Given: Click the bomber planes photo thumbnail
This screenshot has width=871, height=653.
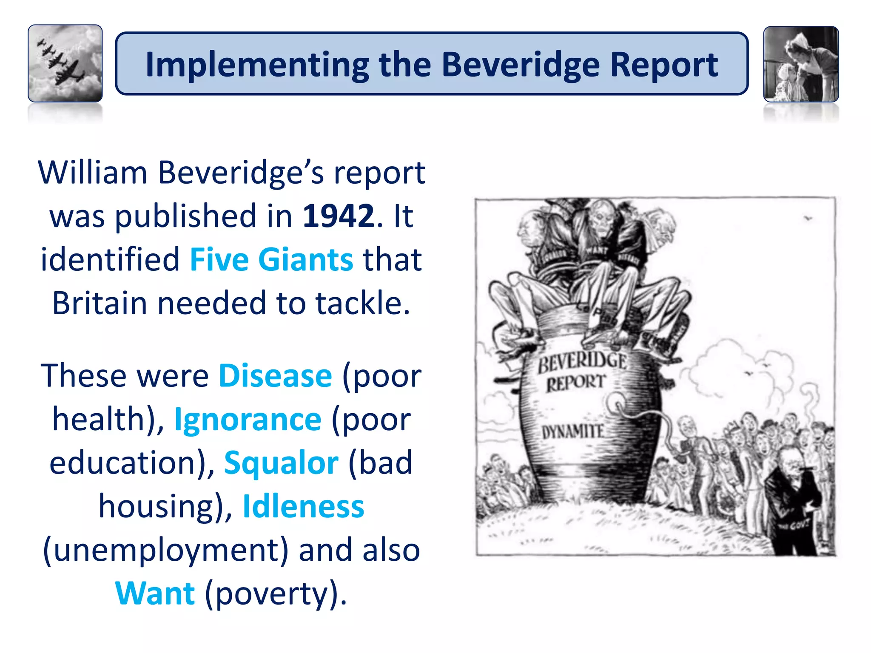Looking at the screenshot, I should [65, 63].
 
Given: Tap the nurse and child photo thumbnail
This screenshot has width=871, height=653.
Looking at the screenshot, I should [801, 64].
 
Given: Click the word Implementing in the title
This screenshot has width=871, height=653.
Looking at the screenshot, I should [257, 65].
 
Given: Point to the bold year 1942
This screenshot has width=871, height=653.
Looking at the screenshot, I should [338, 216].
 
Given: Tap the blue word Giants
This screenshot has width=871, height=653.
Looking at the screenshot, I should [305, 259].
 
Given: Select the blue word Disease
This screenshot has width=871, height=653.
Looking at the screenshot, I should [275, 376].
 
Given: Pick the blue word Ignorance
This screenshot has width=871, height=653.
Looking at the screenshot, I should [248, 420].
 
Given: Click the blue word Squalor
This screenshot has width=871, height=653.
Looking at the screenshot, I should [281, 463].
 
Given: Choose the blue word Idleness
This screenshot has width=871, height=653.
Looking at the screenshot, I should [303, 506].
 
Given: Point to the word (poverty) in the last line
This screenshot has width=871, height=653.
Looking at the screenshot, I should [276, 594].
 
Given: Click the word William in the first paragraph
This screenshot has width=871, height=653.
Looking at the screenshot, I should [93, 173].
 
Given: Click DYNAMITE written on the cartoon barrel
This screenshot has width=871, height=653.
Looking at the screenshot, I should [572, 432].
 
